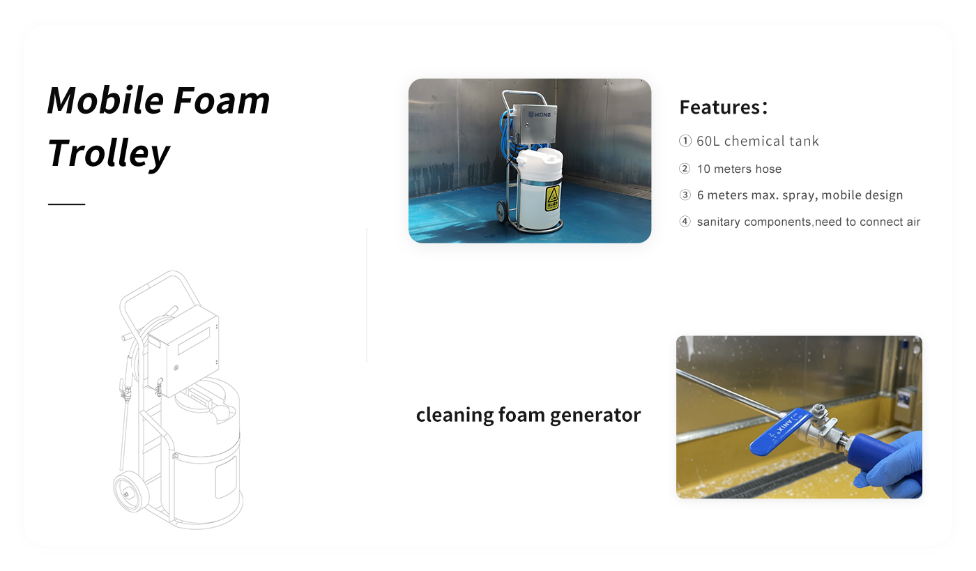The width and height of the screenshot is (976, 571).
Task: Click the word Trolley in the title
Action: (x=108, y=153)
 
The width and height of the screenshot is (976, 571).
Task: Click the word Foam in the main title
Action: (x=222, y=100)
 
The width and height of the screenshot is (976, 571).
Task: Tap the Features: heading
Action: (x=724, y=107)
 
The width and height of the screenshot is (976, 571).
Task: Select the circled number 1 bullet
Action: (x=685, y=141)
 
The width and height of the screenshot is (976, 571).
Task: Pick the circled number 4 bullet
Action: (x=685, y=222)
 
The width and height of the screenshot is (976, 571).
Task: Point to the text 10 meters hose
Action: (x=739, y=169)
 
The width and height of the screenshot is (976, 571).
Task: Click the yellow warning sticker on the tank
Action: (x=552, y=199)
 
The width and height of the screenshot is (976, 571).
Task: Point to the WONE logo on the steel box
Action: (x=540, y=114)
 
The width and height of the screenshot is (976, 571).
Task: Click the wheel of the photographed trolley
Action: (x=501, y=212)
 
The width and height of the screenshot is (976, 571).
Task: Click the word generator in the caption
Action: (x=595, y=415)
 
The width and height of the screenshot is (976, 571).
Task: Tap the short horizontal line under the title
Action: (x=67, y=204)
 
